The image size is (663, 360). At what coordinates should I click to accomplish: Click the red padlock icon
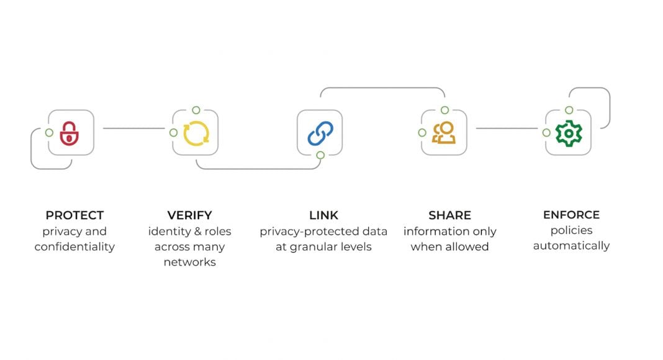70,133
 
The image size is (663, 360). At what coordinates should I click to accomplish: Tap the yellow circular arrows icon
196,133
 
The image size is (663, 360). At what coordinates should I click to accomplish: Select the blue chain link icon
320,133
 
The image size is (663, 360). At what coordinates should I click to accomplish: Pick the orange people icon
444,133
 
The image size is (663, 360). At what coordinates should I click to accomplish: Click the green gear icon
569,133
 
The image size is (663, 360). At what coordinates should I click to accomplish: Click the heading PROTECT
74,215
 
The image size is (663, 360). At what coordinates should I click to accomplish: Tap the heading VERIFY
189,215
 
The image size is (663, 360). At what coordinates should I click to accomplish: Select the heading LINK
323,215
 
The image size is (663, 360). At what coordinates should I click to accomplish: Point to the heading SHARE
449,215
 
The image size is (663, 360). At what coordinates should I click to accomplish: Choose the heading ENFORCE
571,215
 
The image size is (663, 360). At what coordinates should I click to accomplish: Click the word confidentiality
74,246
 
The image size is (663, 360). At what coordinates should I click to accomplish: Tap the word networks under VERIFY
189,262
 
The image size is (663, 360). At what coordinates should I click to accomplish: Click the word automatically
571,246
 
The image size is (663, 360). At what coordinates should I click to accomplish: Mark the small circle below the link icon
320,155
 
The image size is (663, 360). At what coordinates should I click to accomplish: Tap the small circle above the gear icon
569,110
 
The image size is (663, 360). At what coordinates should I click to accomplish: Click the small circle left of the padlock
49,132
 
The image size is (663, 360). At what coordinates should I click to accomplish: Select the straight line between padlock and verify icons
133,128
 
